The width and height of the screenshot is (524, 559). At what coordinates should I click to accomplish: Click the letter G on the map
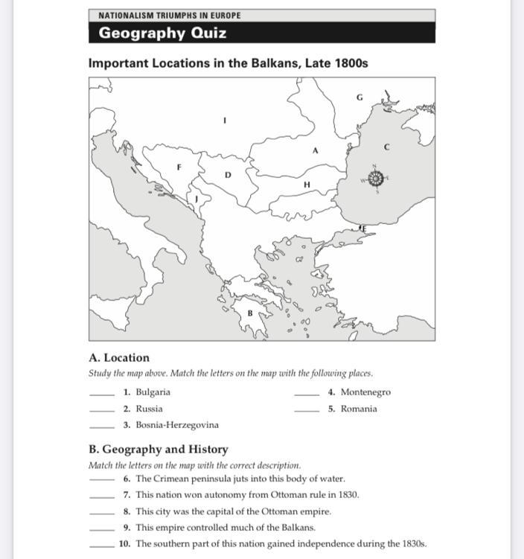360,98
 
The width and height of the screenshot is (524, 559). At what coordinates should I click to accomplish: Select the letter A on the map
315,150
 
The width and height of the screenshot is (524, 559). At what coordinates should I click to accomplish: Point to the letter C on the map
386,147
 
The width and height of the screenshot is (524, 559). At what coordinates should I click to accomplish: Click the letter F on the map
179,167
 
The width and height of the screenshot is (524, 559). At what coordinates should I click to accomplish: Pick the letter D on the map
228,175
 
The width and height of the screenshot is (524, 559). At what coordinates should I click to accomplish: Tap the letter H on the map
307,184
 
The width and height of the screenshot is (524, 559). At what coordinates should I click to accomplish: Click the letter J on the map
196,199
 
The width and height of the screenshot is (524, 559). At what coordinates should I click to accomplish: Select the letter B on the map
250,313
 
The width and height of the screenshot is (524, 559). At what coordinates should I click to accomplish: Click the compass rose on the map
376,179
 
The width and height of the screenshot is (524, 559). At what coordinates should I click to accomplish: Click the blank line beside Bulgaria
101,395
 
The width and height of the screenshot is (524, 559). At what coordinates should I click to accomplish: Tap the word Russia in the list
149,409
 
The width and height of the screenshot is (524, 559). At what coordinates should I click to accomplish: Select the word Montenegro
365,392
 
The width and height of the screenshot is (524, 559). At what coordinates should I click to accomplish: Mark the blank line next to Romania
307,411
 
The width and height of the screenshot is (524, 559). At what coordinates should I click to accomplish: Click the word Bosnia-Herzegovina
177,425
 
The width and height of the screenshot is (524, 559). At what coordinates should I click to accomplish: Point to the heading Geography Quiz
162,33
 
